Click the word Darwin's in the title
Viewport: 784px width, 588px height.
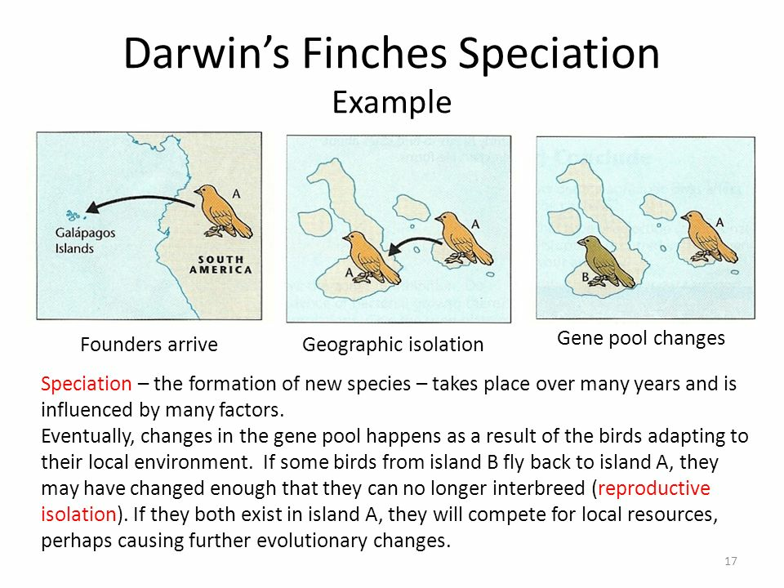coord(207,53)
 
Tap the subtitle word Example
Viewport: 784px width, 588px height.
coord(392,103)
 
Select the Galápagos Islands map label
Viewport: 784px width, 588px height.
coord(85,240)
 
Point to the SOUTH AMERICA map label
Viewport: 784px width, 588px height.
coord(220,265)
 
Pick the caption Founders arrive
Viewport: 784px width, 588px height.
coord(149,345)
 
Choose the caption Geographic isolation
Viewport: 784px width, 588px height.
coord(393,345)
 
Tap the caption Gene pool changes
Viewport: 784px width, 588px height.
coord(641,338)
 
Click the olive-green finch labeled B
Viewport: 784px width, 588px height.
coord(606,261)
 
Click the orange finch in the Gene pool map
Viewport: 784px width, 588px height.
coord(709,237)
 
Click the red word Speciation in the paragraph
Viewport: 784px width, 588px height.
coord(86,384)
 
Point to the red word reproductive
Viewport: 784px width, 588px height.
coord(654,488)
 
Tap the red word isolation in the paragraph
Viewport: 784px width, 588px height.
coord(78,514)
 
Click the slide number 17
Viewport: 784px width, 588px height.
coord(730,561)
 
